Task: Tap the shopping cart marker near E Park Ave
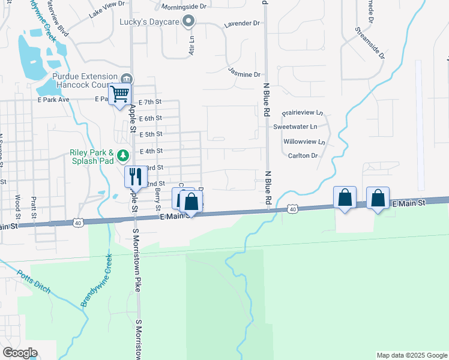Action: coord(120,94)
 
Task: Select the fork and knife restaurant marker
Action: coord(134,176)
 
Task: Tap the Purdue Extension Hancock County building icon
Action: coord(126,78)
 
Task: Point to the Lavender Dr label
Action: coord(241,23)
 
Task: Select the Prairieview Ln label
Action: coord(303,112)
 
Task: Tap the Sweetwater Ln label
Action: coord(295,127)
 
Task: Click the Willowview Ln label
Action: coord(303,143)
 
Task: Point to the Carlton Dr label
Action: coord(303,155)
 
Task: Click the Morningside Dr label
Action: coord(184,7)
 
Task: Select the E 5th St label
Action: coord(151,135)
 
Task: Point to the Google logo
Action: coord(20,352)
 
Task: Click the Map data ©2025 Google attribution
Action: coord(412,355)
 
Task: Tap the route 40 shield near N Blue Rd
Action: coord(292,208)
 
